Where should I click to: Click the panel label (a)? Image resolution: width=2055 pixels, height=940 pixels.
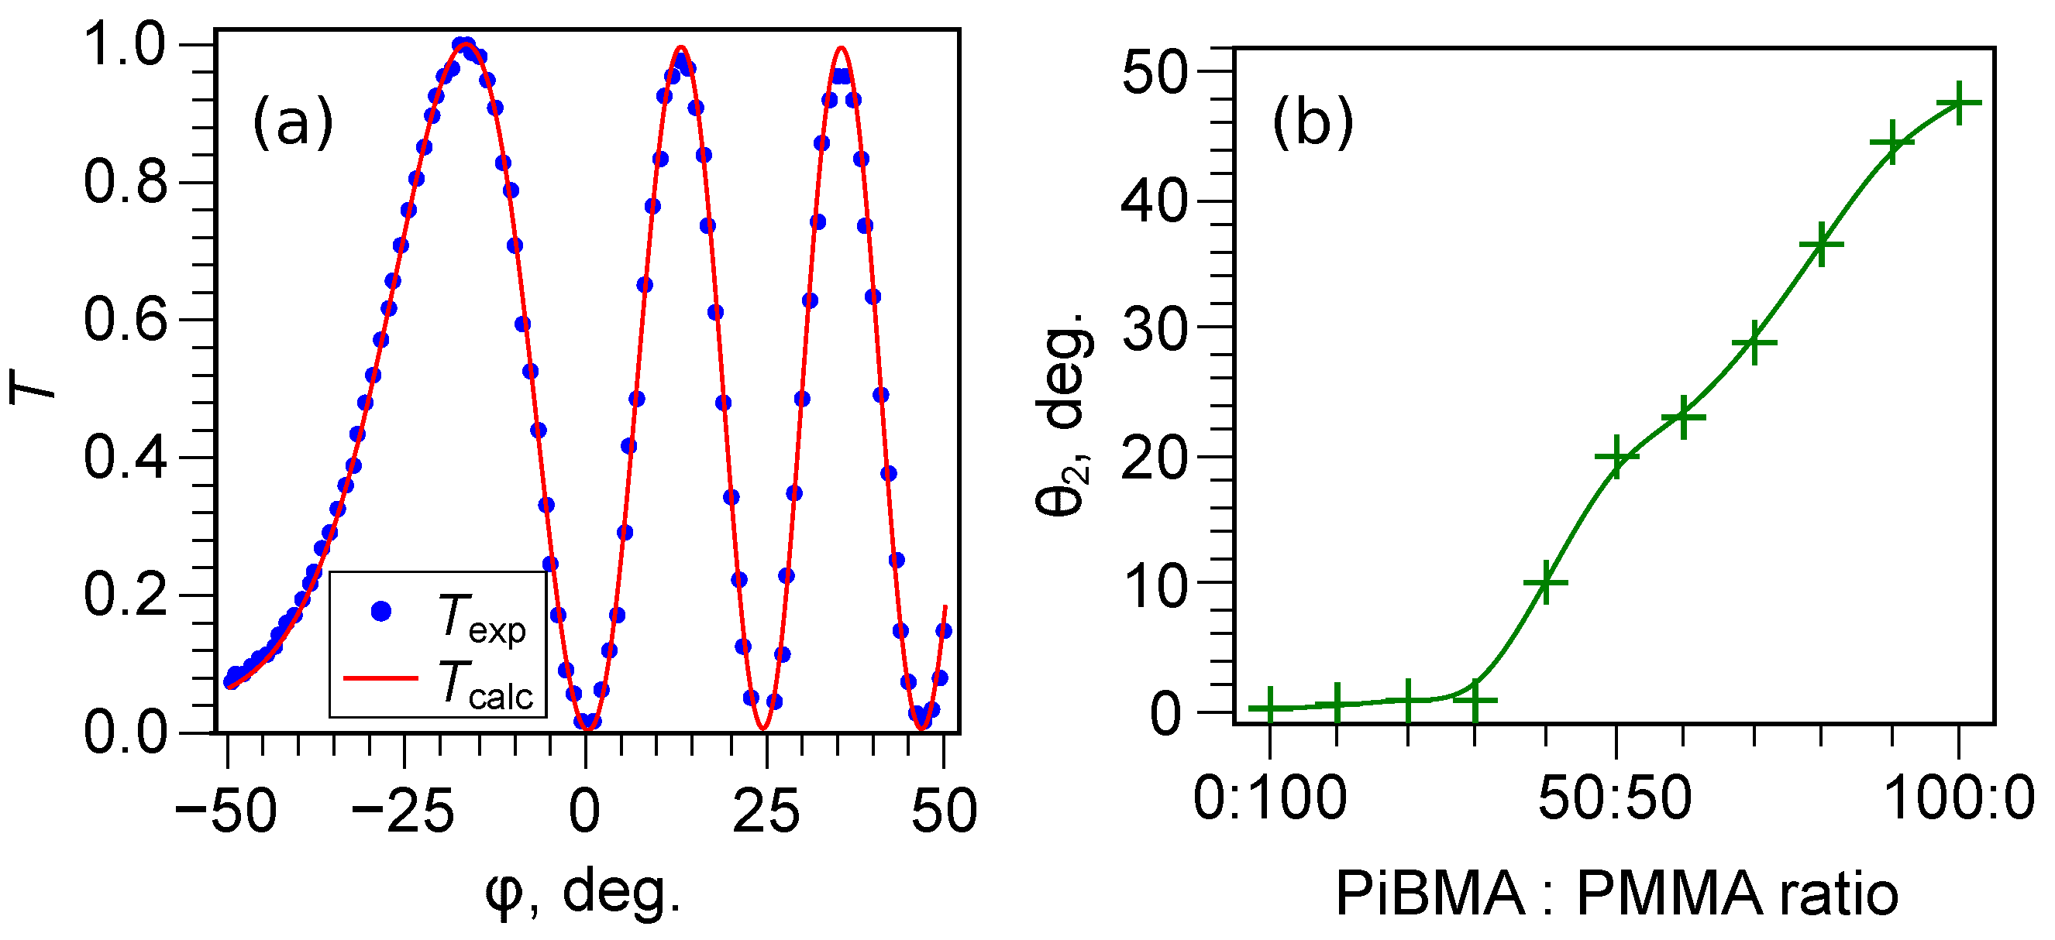pyautogui.click(x=293, y=124)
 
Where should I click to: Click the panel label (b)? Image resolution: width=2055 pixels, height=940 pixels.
pyautogui.click(x=1313, y=124)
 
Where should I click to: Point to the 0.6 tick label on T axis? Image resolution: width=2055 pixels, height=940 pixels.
pyautogui.click(x=126, y=320)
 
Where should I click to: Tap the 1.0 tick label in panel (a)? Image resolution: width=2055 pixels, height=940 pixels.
pyautogui.click(x=126, y=45)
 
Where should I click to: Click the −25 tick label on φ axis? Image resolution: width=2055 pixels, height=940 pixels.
pyautogui.click(x=402, y=811)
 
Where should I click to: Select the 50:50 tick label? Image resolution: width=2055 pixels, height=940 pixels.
pyautogui.click(x=1615, y=798)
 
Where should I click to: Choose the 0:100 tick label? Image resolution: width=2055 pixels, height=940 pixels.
pyautogui.click(x=1270, y=798)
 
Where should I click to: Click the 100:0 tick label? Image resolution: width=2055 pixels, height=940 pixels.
pyautogui.click(x=1959, y=798)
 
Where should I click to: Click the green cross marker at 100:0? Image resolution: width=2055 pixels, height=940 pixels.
pyautogui.click(x=1958, y=102)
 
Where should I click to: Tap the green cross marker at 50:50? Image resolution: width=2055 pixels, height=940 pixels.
pyautogui.click(x=1616, y=456)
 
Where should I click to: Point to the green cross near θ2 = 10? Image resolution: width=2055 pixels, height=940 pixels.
pyautogui.click(x=1546, y=582)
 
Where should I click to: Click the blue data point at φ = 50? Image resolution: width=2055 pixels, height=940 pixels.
pyautogui.click(x=944, y=630)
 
